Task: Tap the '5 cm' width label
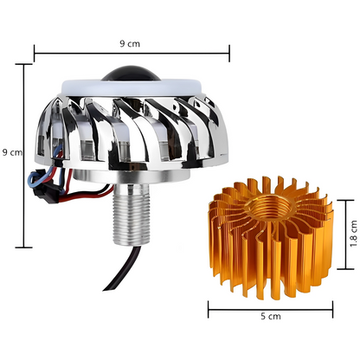[270, 317]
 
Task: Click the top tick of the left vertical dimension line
[23, 63]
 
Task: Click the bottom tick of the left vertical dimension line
[23, 247]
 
